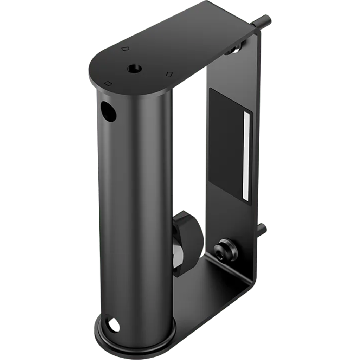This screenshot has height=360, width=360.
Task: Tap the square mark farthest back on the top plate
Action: coord(124,49)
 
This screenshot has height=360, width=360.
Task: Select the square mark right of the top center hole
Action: coord(170,74)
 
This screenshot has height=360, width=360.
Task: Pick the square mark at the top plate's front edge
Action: coord(109,83)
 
